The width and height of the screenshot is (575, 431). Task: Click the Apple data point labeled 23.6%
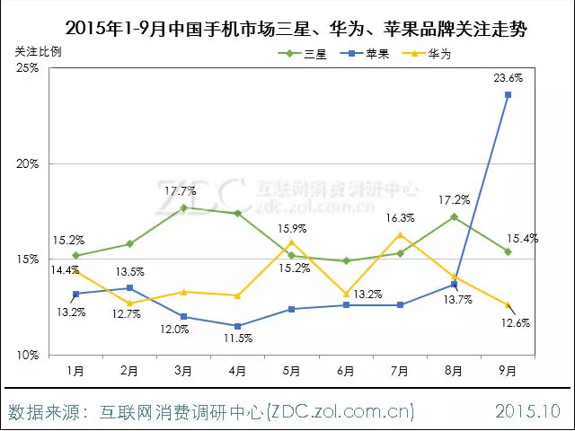[508, 94]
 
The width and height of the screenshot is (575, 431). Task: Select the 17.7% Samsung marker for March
[183, 207]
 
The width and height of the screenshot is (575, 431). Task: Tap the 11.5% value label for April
[239, 339]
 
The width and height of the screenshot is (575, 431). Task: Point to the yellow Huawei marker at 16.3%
[400, 235]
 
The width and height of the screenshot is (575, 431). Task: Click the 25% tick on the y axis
[27, 68]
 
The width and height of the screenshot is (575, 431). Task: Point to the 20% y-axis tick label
[27, 164]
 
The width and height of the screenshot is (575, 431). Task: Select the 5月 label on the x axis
[291, 369]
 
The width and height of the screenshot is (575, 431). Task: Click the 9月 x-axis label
[508, 369]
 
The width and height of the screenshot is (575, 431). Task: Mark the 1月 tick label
[75, 369]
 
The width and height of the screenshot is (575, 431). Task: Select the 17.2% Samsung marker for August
[454, 216]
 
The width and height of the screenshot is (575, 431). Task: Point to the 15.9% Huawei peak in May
[291, 242]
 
